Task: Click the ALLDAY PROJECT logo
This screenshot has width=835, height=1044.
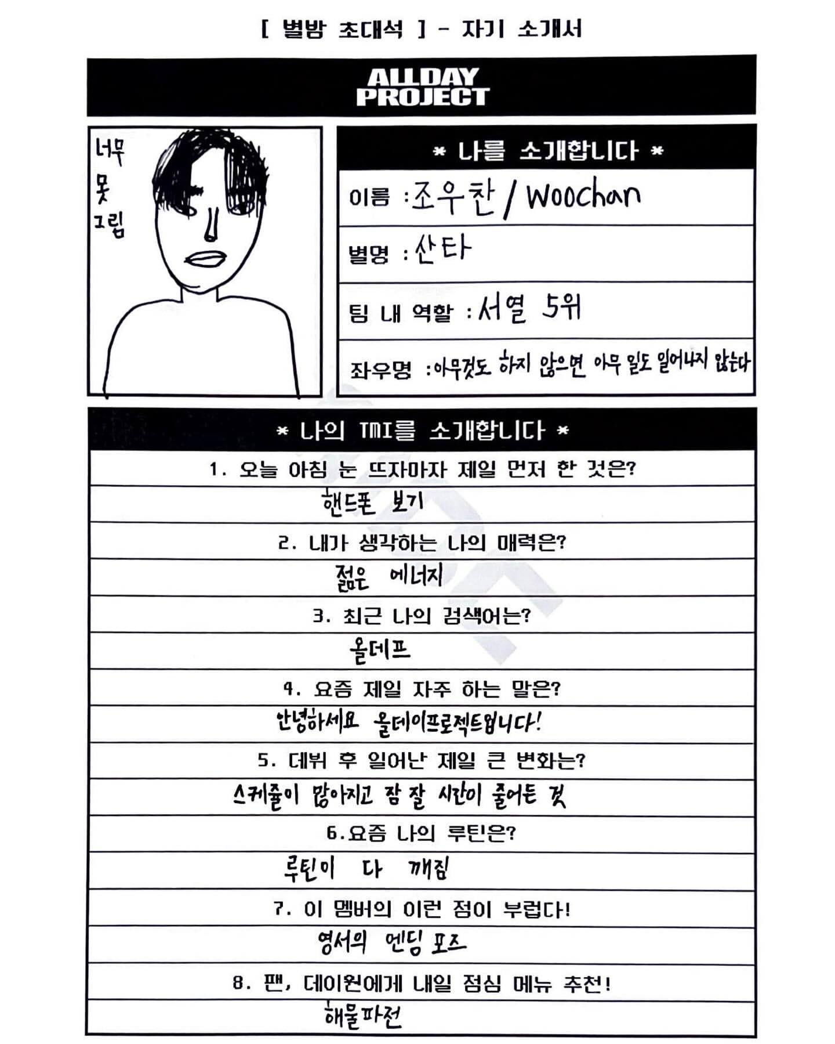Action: coord(423,87)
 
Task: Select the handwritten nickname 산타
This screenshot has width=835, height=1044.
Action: coord(442,250)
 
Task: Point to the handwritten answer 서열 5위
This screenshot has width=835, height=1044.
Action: coord(529,308)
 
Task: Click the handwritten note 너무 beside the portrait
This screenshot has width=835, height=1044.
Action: coord(110,153)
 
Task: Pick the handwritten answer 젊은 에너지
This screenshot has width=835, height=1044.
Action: coord(389,577)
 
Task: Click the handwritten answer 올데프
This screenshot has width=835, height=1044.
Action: coord(380,650)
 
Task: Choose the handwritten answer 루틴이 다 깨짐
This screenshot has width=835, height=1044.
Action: coord(366,869)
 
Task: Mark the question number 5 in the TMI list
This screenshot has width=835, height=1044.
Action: coord(264,760)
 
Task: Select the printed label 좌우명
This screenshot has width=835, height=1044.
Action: coord(380,369)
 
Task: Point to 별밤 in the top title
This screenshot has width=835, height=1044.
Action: coord(304,29)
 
